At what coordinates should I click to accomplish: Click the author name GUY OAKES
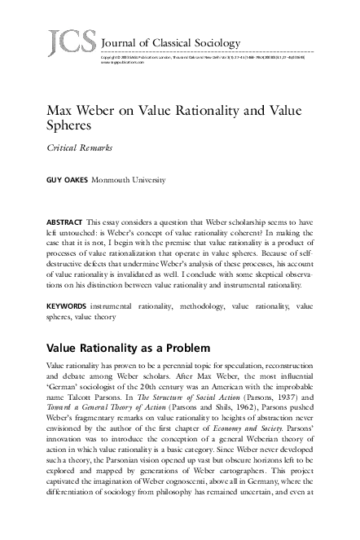(x=67, y=179)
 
